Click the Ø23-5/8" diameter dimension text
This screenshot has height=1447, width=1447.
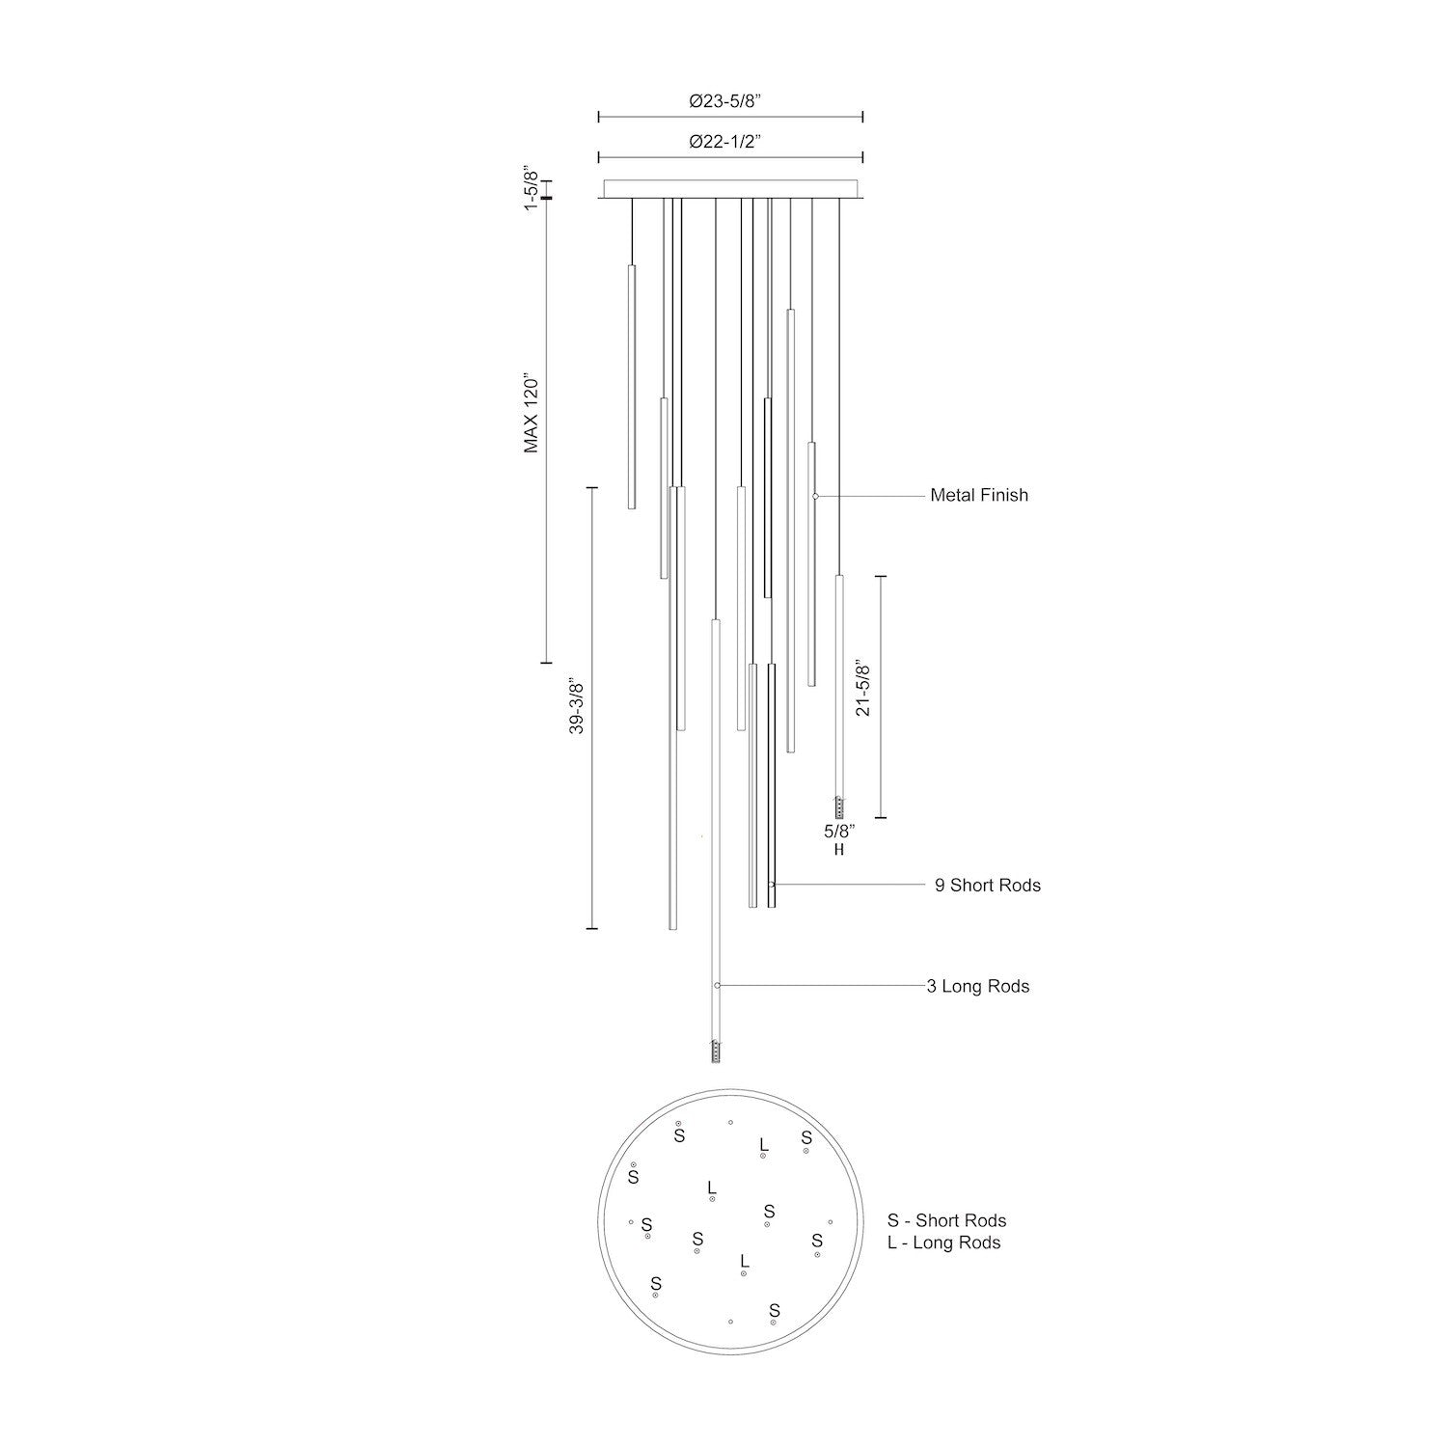click(x=732, y=100)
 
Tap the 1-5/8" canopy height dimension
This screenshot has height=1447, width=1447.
click(x=530, y=190)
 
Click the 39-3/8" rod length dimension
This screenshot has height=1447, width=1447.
click(x=576, y=708)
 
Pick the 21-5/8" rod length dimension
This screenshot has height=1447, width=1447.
click(x=862, y=689)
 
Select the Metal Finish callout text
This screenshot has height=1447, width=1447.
click(x=978, y=495)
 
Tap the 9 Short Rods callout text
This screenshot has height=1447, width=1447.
click(x=987, y=885)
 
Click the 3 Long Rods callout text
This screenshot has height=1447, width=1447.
click(x=977, y=986)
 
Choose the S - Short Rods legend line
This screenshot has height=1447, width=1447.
click(x=946, y=1221)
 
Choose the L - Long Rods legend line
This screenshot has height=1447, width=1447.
click(x=943, y=1242)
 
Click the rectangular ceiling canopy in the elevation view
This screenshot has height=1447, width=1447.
click(x=730, y=188)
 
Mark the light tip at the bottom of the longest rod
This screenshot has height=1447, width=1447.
click(x=715, y=1051)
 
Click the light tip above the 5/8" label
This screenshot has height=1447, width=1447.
click(x=839, y=807)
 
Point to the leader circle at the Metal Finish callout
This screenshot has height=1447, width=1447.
click(x=815, y=496)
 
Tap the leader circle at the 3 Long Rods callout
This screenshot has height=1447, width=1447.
click(x=717, y=986)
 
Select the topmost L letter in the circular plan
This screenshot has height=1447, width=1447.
click(x=763, y=1144)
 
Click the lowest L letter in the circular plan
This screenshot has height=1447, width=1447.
click(x=743, y=1261)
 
